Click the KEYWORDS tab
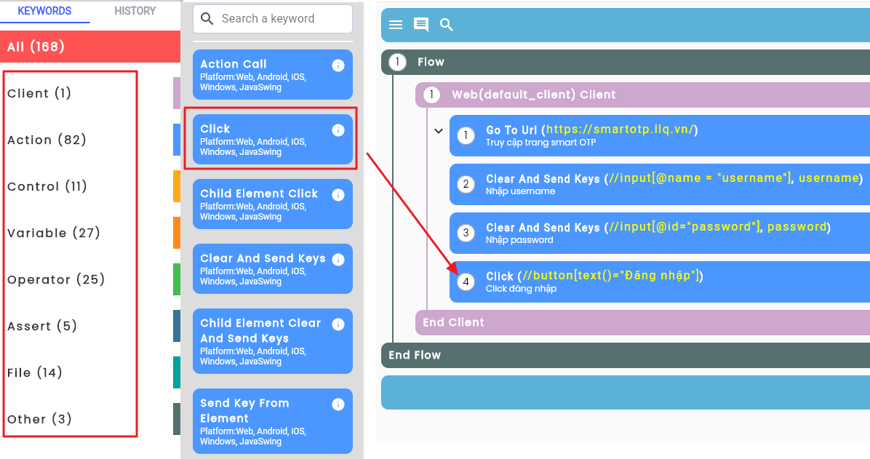point(44,11)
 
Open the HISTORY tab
point(135,11)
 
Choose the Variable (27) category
point(54,233)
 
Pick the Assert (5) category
point(42,326)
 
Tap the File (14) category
point(34,372)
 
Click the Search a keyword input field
point(273,19)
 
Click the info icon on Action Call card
point(338,65)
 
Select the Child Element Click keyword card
point(273,204)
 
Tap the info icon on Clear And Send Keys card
point(338,260)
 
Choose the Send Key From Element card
point(273,420)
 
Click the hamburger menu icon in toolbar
point(396,25)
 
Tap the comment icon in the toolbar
point(421,25)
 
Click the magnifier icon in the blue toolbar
point(446,25)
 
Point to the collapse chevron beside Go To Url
point(439,131)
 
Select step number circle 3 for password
point(466,233)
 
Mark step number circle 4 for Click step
point(466,282)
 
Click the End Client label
point(453,322)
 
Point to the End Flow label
point(415,355)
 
